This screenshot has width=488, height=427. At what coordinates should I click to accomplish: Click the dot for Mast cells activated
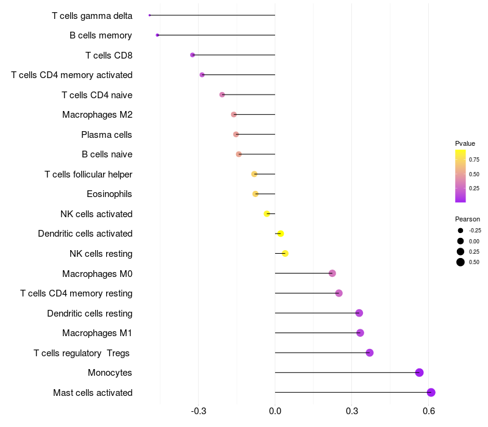[431, 392]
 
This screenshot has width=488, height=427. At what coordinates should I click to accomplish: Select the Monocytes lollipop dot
[419, 373]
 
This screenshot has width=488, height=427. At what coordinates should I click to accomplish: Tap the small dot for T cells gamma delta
[149, 15]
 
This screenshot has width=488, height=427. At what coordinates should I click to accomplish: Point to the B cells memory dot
[157, 35]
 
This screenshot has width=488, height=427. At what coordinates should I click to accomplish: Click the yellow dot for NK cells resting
[285, 253]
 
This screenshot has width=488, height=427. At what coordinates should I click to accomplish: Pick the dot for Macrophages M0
[332, 273]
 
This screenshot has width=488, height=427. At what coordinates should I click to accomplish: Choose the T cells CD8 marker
[193, 55]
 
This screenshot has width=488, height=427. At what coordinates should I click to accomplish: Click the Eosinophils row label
[109, 194]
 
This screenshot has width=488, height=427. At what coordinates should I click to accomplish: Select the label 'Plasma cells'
[106, 134]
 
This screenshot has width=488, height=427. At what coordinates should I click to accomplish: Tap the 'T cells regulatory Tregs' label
[82, 353]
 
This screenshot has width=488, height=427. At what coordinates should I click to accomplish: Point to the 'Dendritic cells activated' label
[85, 234]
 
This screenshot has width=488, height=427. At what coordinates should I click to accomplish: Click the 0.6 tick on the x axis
[428, 412]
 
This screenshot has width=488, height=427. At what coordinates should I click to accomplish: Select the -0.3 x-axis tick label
[198, 412]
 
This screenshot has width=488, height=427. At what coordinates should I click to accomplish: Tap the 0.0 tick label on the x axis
[275, 412]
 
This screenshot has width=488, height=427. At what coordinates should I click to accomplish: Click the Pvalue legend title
[465, 143]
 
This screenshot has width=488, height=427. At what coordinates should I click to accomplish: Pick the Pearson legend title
[467, 219]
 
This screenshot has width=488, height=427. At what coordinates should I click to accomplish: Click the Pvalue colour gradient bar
[461, 176]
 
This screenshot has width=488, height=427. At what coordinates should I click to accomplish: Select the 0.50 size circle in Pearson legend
[461, 262]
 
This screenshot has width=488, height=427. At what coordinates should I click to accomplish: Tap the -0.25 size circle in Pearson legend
[461, 231]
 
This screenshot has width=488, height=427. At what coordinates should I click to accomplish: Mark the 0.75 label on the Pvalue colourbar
[474, 160]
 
